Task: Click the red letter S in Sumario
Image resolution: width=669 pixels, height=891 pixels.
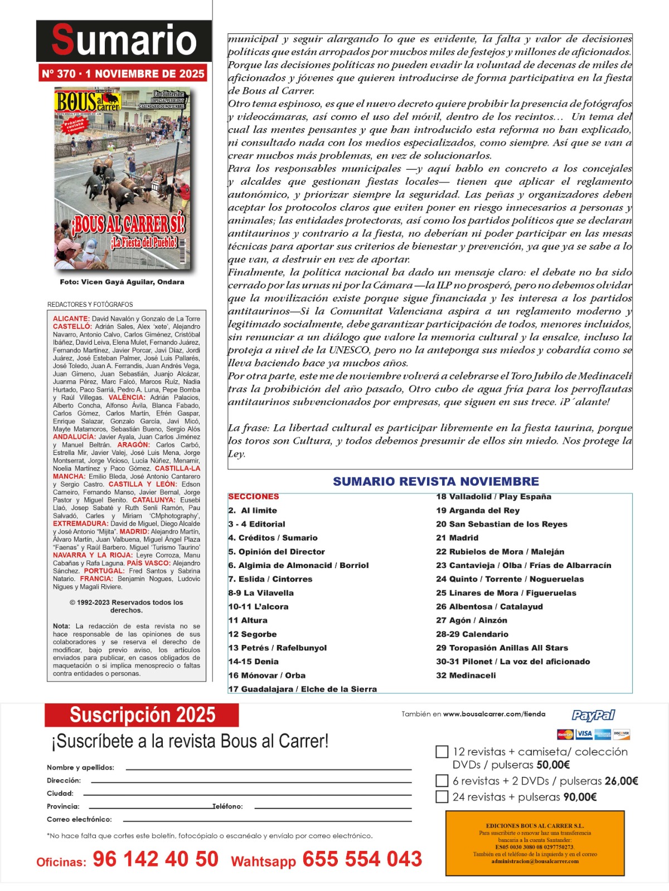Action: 62,40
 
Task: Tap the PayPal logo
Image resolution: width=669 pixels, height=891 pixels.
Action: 593,715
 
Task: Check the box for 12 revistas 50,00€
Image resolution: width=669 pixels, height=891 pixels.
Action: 442,752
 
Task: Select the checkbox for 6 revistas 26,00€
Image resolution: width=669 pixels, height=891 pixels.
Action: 442,781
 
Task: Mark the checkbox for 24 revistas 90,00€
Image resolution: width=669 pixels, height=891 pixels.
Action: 442,797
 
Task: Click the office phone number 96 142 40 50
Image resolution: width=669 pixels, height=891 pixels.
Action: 156,859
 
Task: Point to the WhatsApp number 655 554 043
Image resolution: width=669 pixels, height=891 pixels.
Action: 362,859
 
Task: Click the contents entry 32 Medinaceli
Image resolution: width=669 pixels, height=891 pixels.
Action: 466,675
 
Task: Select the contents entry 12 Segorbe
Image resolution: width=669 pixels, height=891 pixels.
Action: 253,634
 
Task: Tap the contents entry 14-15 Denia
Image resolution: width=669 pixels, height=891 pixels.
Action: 254,662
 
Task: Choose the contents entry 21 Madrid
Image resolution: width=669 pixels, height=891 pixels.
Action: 457,538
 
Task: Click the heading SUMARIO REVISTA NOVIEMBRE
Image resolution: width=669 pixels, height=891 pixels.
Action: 436,482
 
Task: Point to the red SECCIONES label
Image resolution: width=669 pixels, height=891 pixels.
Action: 254,497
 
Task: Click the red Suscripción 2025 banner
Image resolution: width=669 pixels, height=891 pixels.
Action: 142,715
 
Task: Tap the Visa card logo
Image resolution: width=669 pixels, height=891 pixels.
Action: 584,733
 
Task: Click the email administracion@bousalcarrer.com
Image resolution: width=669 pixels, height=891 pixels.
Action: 535,861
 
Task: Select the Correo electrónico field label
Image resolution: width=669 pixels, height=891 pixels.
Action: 79,819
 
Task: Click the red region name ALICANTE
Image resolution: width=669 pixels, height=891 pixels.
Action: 71,319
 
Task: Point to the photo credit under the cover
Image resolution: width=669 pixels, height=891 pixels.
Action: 122,282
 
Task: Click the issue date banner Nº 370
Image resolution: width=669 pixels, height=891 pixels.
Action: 123,74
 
